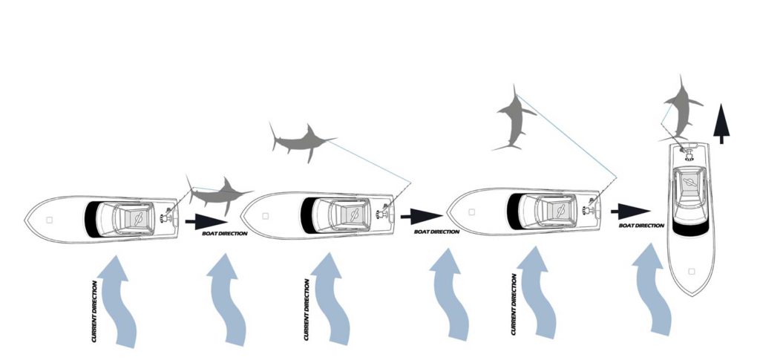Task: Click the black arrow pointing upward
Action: (x=721, y=123)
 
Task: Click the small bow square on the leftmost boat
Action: (x=50, y=220)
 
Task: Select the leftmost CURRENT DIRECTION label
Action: (x=94, y=312)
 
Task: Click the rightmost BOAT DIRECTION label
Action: (x=641, y=226)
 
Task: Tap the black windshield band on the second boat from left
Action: (x=307, y=215)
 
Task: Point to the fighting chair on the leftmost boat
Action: (x=167, y=216)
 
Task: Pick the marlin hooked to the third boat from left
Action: (x=515, y=119)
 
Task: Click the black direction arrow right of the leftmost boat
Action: (x=206, y=222)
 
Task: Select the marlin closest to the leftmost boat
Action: (x=219, y=194)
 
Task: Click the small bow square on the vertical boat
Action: (x=692, y=272)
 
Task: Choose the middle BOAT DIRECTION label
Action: (x=436, y=232)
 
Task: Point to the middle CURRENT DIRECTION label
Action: (x=307, y=309)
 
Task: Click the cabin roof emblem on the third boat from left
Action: (x=560, y=210)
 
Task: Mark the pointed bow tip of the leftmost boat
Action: (x=24, y=220)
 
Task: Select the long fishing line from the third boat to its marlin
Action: (x=566, y=137)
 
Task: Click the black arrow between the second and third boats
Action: (x=422, y=216)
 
